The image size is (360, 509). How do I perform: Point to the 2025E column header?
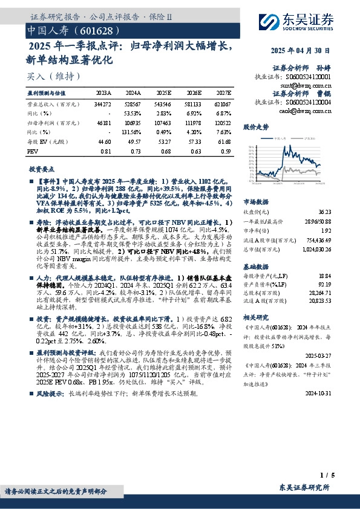163,94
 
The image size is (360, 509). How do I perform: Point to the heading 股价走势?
255,128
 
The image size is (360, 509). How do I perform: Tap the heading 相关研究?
255,316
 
